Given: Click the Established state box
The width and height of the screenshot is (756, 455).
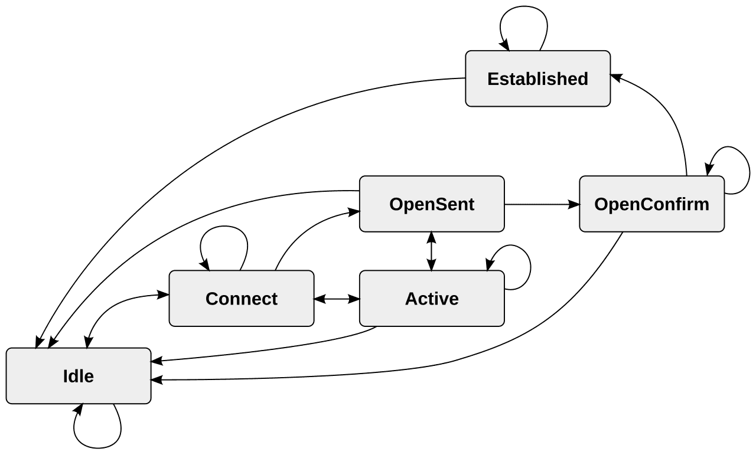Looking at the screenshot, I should click(537, 78).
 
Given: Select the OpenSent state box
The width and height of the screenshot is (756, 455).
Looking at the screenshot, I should click(432, 204).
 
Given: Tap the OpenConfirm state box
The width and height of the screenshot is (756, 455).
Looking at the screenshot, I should click(651, 204).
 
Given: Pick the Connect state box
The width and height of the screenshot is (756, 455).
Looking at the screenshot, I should click(241, 299).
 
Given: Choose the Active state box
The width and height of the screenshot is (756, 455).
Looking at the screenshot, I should click(432, 299).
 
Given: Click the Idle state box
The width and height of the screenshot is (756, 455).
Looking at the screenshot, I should click(79, 376).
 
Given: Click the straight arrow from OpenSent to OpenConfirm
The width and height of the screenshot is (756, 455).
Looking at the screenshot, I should click(540, 204).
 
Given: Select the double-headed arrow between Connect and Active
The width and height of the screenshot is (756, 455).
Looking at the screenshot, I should click(337, 299).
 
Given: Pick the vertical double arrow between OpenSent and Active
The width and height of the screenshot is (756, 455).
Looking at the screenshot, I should click(432, 251).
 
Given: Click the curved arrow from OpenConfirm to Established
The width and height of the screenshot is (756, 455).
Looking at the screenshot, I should click(667, 112).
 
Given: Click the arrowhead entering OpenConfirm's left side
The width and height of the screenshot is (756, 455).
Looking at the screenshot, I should click(574, 204).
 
